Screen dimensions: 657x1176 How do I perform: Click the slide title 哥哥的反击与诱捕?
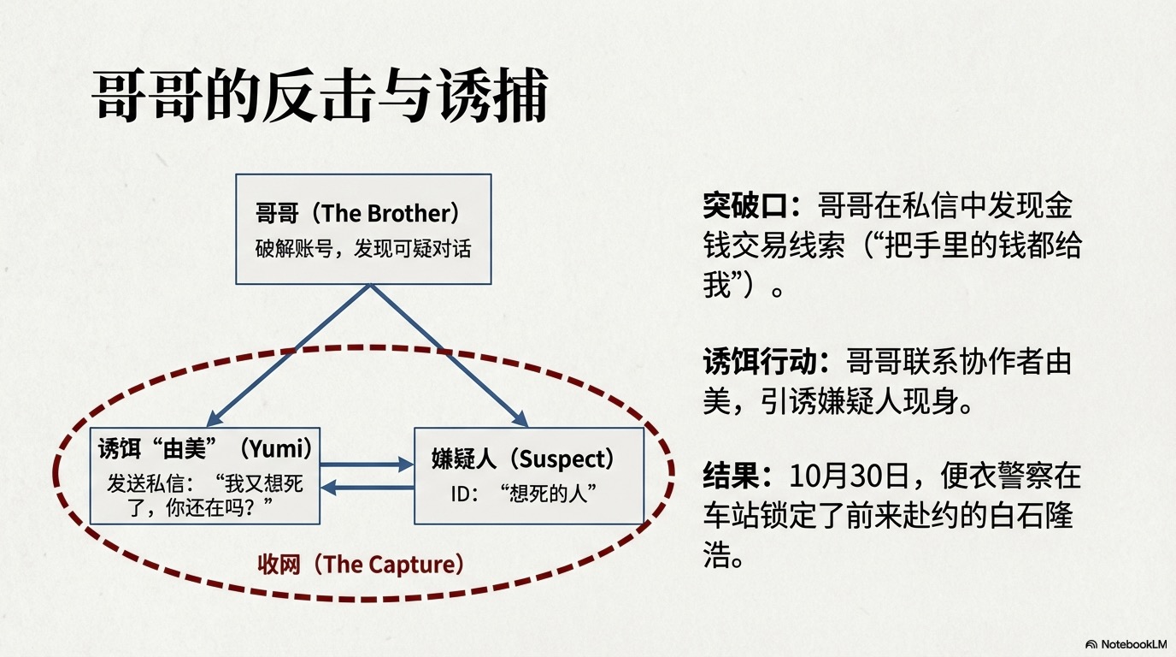coord(320,97)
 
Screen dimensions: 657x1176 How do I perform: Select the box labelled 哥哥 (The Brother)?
coord(363,228)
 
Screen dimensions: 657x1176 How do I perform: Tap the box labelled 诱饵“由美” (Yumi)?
coord(205,476)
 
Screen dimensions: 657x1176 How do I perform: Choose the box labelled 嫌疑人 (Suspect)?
coord(528,476)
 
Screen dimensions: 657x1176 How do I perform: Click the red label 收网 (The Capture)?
coord(362,565)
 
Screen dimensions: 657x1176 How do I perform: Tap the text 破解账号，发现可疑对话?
coord(363,249)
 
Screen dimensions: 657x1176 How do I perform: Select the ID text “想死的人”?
coord(547,494)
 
